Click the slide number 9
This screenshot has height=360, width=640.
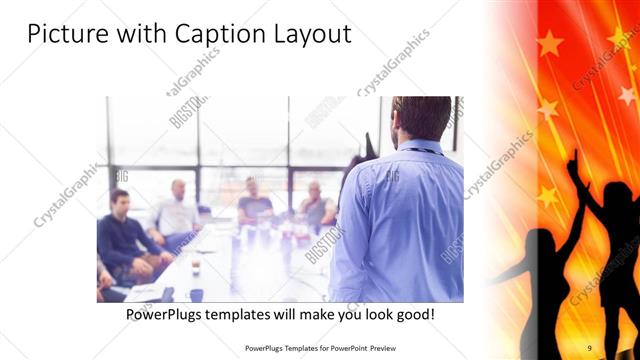(x=589, y=347)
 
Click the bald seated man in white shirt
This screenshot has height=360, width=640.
(x=178, y=210)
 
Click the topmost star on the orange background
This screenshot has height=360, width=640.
(x=549, y=43)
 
